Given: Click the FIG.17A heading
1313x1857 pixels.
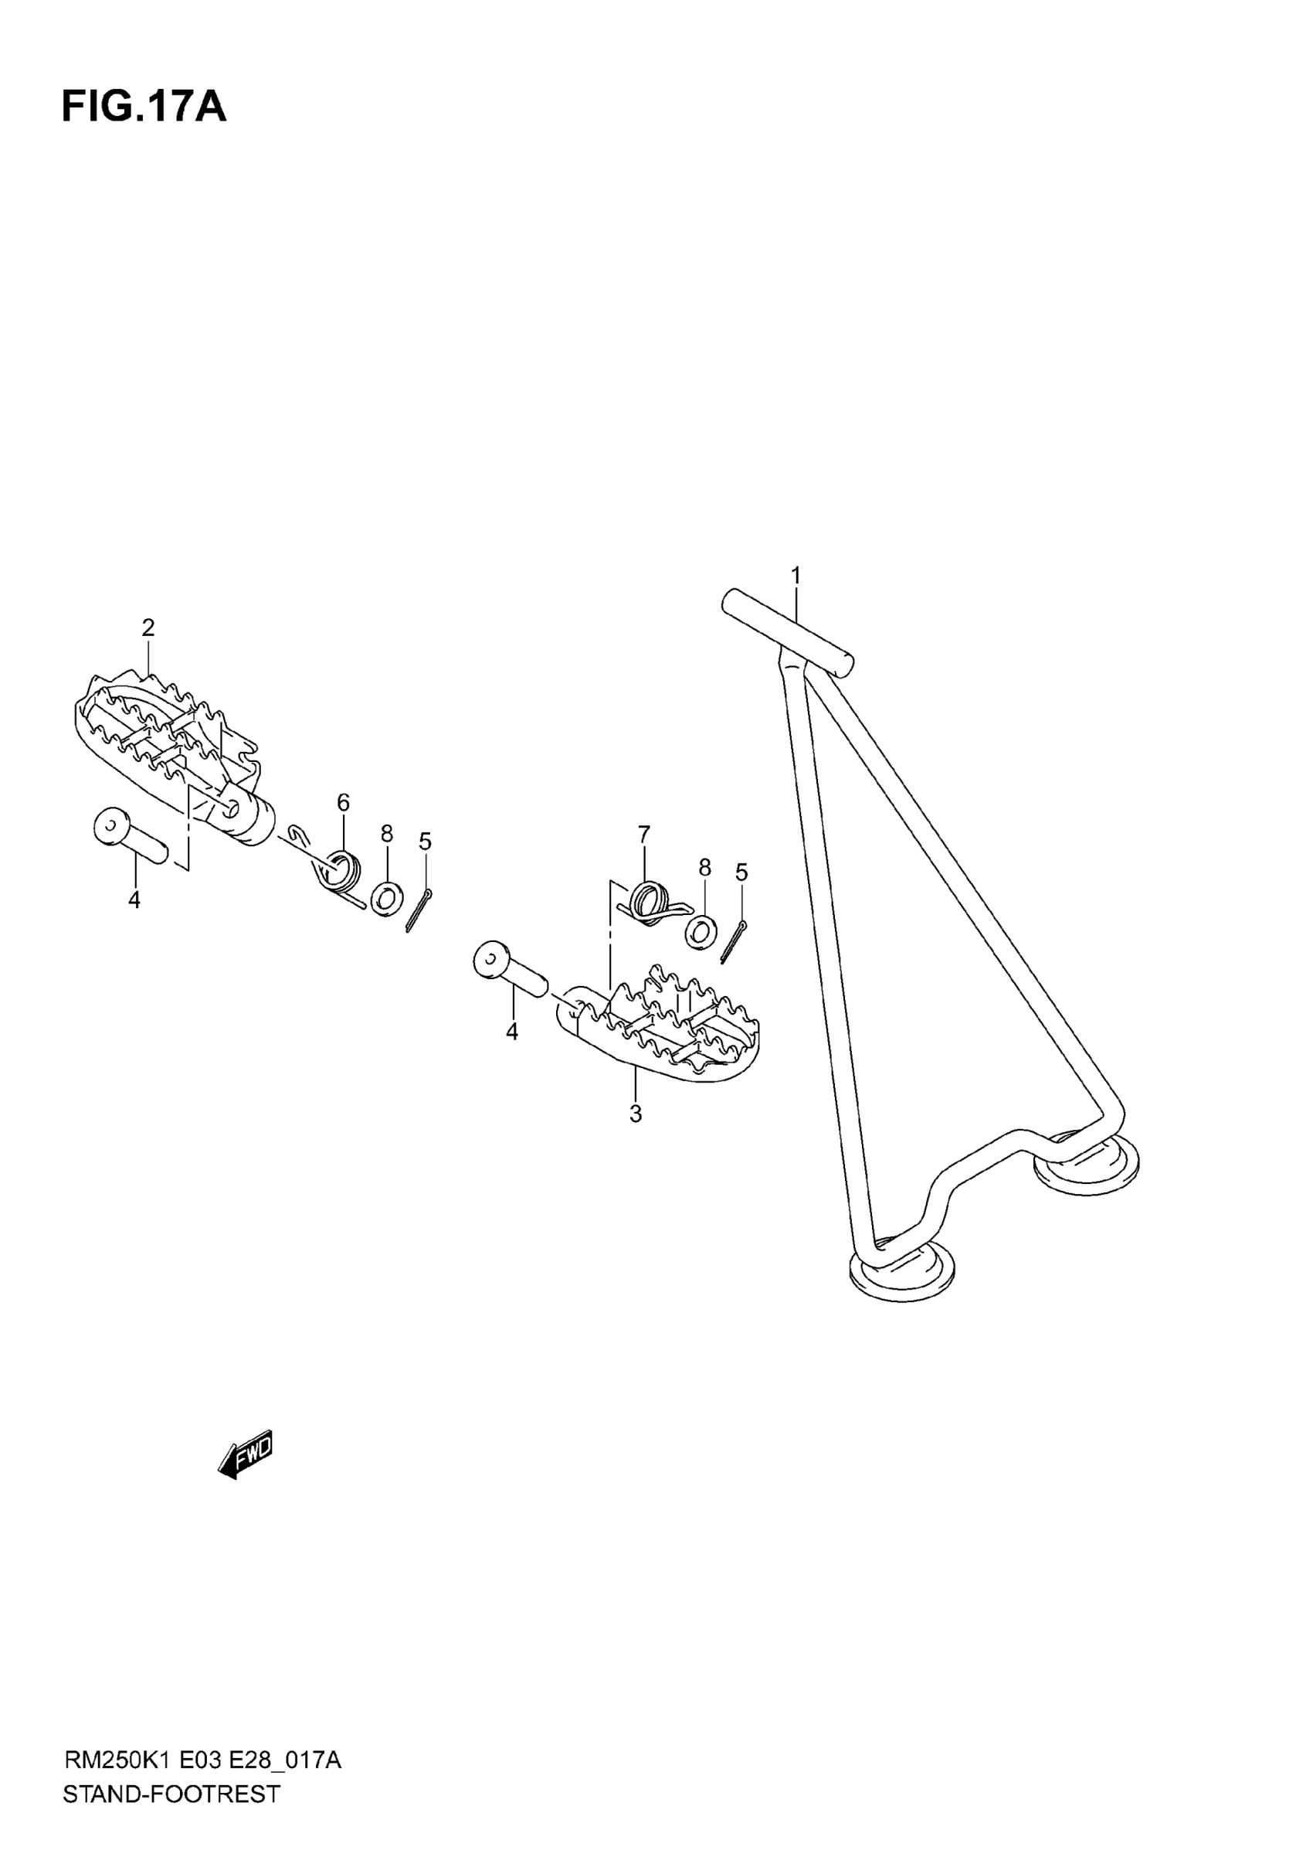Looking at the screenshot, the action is (x=144, y=107).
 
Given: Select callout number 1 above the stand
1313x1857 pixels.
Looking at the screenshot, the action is (x=796, y=576).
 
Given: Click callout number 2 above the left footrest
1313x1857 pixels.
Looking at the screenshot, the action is (x=148, y=627).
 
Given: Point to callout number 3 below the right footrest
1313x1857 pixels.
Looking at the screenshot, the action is (x=636, y=1114).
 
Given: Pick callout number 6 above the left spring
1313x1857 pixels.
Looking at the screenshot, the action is (x=344, y=803).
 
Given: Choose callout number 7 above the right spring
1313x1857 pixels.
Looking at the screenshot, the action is (x=643, y=834).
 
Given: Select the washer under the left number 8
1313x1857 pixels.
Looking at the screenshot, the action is (x=387, y=900).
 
